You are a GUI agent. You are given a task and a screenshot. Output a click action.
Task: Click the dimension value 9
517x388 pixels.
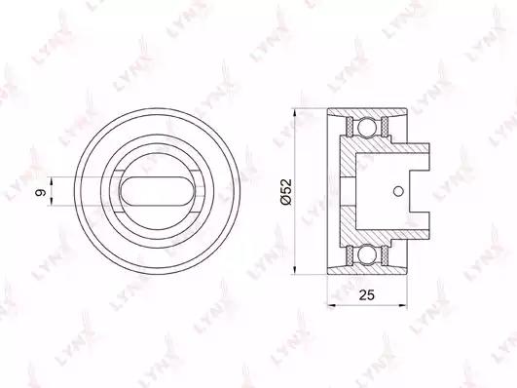point(41,192)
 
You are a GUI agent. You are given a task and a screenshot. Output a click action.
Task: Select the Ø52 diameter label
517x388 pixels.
point(286,192)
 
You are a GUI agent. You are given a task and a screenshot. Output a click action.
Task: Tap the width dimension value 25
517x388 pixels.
point(367,294)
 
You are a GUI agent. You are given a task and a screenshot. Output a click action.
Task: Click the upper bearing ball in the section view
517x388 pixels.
point(367,127)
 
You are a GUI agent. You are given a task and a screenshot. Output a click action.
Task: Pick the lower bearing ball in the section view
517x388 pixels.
point(367,255)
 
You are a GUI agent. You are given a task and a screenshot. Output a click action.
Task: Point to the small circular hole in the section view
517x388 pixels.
point(398,190)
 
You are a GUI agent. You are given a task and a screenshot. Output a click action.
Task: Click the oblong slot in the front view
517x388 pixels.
point(158,191)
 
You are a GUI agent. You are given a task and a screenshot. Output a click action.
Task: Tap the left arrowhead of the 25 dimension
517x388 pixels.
point(331,306)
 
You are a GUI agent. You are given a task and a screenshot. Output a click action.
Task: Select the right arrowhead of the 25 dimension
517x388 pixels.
point(403,306)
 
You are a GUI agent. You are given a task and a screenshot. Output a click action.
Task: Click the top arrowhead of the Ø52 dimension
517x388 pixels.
point(294,112)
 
